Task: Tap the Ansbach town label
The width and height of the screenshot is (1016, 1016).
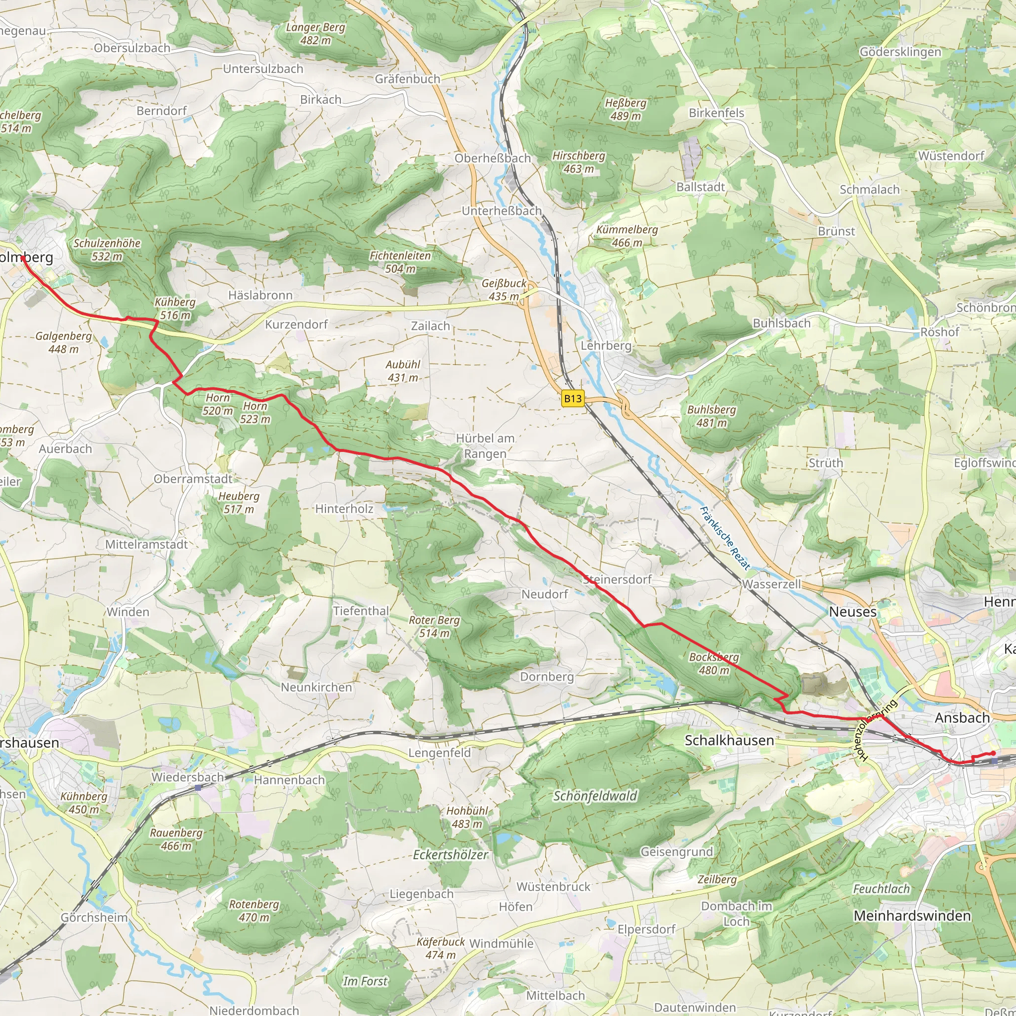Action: [x=962, y=718]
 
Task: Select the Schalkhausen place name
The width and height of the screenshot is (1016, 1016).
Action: [x=729, y=741]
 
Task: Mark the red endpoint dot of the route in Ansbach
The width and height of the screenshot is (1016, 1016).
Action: [x=993, y=754]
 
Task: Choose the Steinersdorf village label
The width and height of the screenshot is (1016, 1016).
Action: [x=617, y=579]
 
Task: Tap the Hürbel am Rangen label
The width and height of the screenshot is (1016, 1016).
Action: [x=485, y=445]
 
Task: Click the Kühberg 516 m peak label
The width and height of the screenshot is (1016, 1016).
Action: [x=175, y=309]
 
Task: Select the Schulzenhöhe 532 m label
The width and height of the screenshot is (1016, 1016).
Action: [x=107, y=249]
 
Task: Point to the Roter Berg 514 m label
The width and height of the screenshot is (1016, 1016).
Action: [x=435, y=627]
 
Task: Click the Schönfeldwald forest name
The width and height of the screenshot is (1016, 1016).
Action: [x=595, y=796]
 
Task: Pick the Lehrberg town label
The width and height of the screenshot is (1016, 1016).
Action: [x=606, y=345]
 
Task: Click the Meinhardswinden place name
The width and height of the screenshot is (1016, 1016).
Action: [x=912, y=916]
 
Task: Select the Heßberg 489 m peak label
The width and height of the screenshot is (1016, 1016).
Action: [x=625, y=109]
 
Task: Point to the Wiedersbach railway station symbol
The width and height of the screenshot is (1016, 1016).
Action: [x=198, y=787]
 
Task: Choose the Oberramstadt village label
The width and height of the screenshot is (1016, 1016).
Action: [x=192, y=479]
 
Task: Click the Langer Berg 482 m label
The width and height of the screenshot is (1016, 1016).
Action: [x=316, y=34]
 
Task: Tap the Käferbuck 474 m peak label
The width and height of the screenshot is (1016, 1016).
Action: [x=441, y=948]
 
